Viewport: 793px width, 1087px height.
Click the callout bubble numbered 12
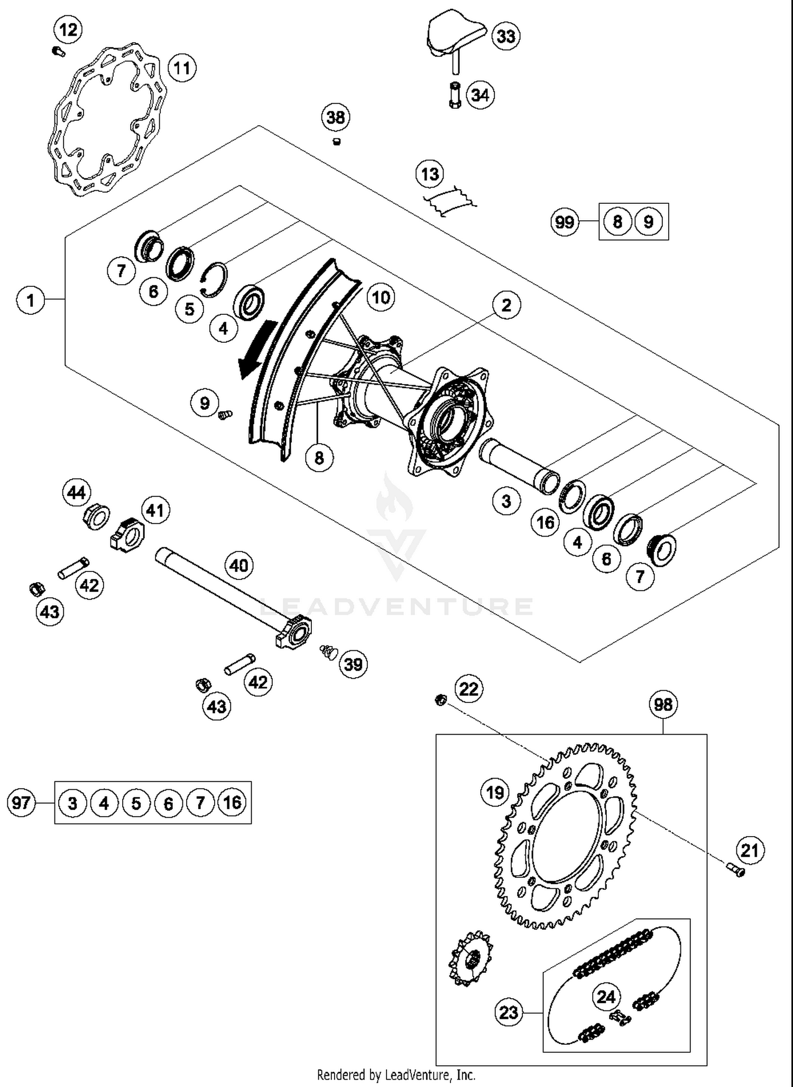[68, 30]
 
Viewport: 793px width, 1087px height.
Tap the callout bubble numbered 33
[506, 36]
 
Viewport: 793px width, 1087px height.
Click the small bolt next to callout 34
[455, 96]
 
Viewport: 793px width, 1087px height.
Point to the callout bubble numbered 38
[336, 117]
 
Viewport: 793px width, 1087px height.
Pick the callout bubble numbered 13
[430, 174]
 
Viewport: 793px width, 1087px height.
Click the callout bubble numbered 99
[565, 222]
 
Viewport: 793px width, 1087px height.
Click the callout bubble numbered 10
[381, 297]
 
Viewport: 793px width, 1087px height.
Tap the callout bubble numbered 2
[506, 305]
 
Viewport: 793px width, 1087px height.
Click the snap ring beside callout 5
[216, 279]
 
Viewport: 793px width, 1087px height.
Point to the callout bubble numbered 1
[30, 300]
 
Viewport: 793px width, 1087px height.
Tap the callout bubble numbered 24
[606, 997]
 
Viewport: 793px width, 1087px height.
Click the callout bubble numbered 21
[750, 851]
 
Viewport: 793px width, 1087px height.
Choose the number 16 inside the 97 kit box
[232, 803]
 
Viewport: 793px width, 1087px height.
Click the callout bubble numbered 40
[238, 566]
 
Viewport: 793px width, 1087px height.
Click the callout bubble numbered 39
[353, 664]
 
